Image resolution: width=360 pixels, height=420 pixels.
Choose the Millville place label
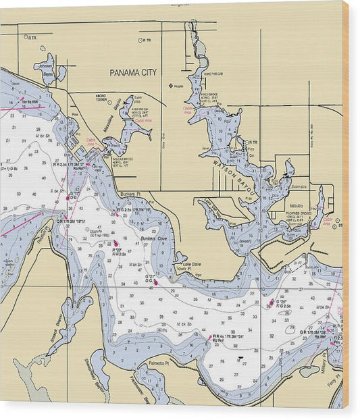pyautogui.click(x=296, y=206)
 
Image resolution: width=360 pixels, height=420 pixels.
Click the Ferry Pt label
pyautogui.click(x=333, y=388)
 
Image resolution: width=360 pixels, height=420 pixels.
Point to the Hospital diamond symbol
pyautogui.click(x=170, y=86)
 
